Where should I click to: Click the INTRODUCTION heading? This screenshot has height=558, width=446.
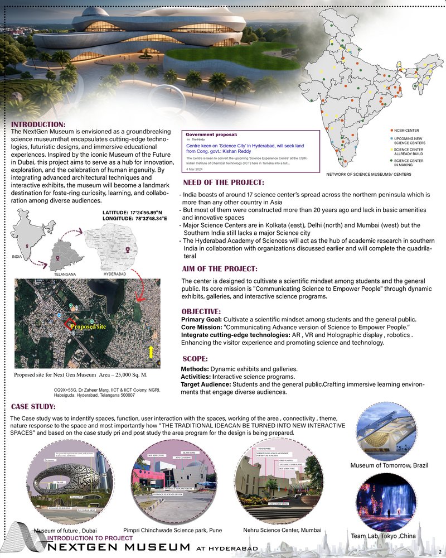pos(38,124)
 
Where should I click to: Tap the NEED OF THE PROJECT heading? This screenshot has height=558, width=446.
pos(223,183)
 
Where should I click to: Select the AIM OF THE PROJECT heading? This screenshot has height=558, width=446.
pos(220,269)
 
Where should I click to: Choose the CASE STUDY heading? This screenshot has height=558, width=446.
pos(33,406)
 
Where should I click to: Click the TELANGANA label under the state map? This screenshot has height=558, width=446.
pos(65,275)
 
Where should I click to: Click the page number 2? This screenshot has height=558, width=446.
pos(440,536)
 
